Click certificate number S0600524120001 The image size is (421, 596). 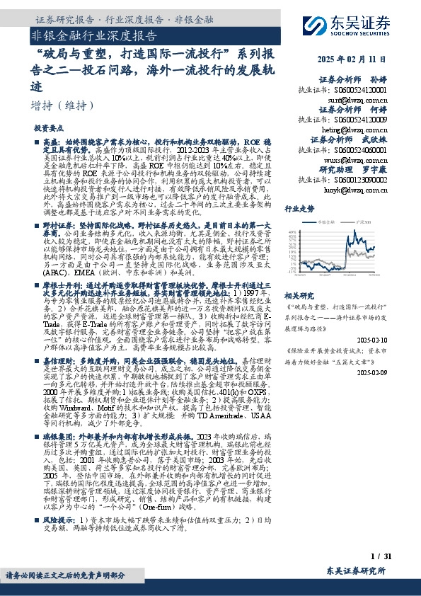point(357,91)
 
